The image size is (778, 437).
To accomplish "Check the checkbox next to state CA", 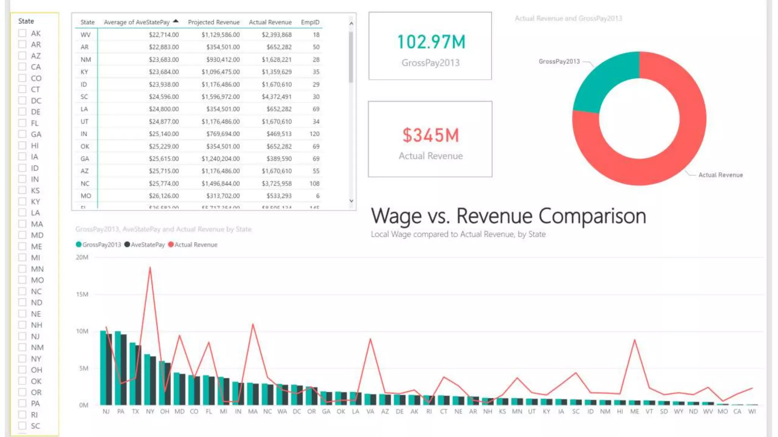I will tap(22, 67).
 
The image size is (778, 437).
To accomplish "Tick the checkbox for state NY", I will tap(22, 358).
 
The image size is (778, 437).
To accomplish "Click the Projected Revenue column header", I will tap(213, 22).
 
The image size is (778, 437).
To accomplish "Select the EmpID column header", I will tap(310, 22).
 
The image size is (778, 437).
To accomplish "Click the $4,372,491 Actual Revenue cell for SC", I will tap(277, 97).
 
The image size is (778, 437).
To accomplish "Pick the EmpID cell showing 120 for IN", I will tap(314, 134).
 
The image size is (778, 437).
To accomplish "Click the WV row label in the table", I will tap(85, 35).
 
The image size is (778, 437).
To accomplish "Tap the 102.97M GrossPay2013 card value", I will tap(431, 42).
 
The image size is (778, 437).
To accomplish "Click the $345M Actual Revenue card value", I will tap(431, 135).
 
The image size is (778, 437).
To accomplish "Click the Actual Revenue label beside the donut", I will tap(720, 175).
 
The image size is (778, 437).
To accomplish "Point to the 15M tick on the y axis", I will tap(82, 294).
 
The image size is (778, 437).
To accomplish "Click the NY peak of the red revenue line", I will tap(150, 268).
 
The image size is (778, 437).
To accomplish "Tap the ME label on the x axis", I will tap(634, 412).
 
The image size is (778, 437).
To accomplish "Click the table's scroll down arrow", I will tap(351, 201).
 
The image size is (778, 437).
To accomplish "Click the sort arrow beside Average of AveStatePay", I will tap(176, 21).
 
